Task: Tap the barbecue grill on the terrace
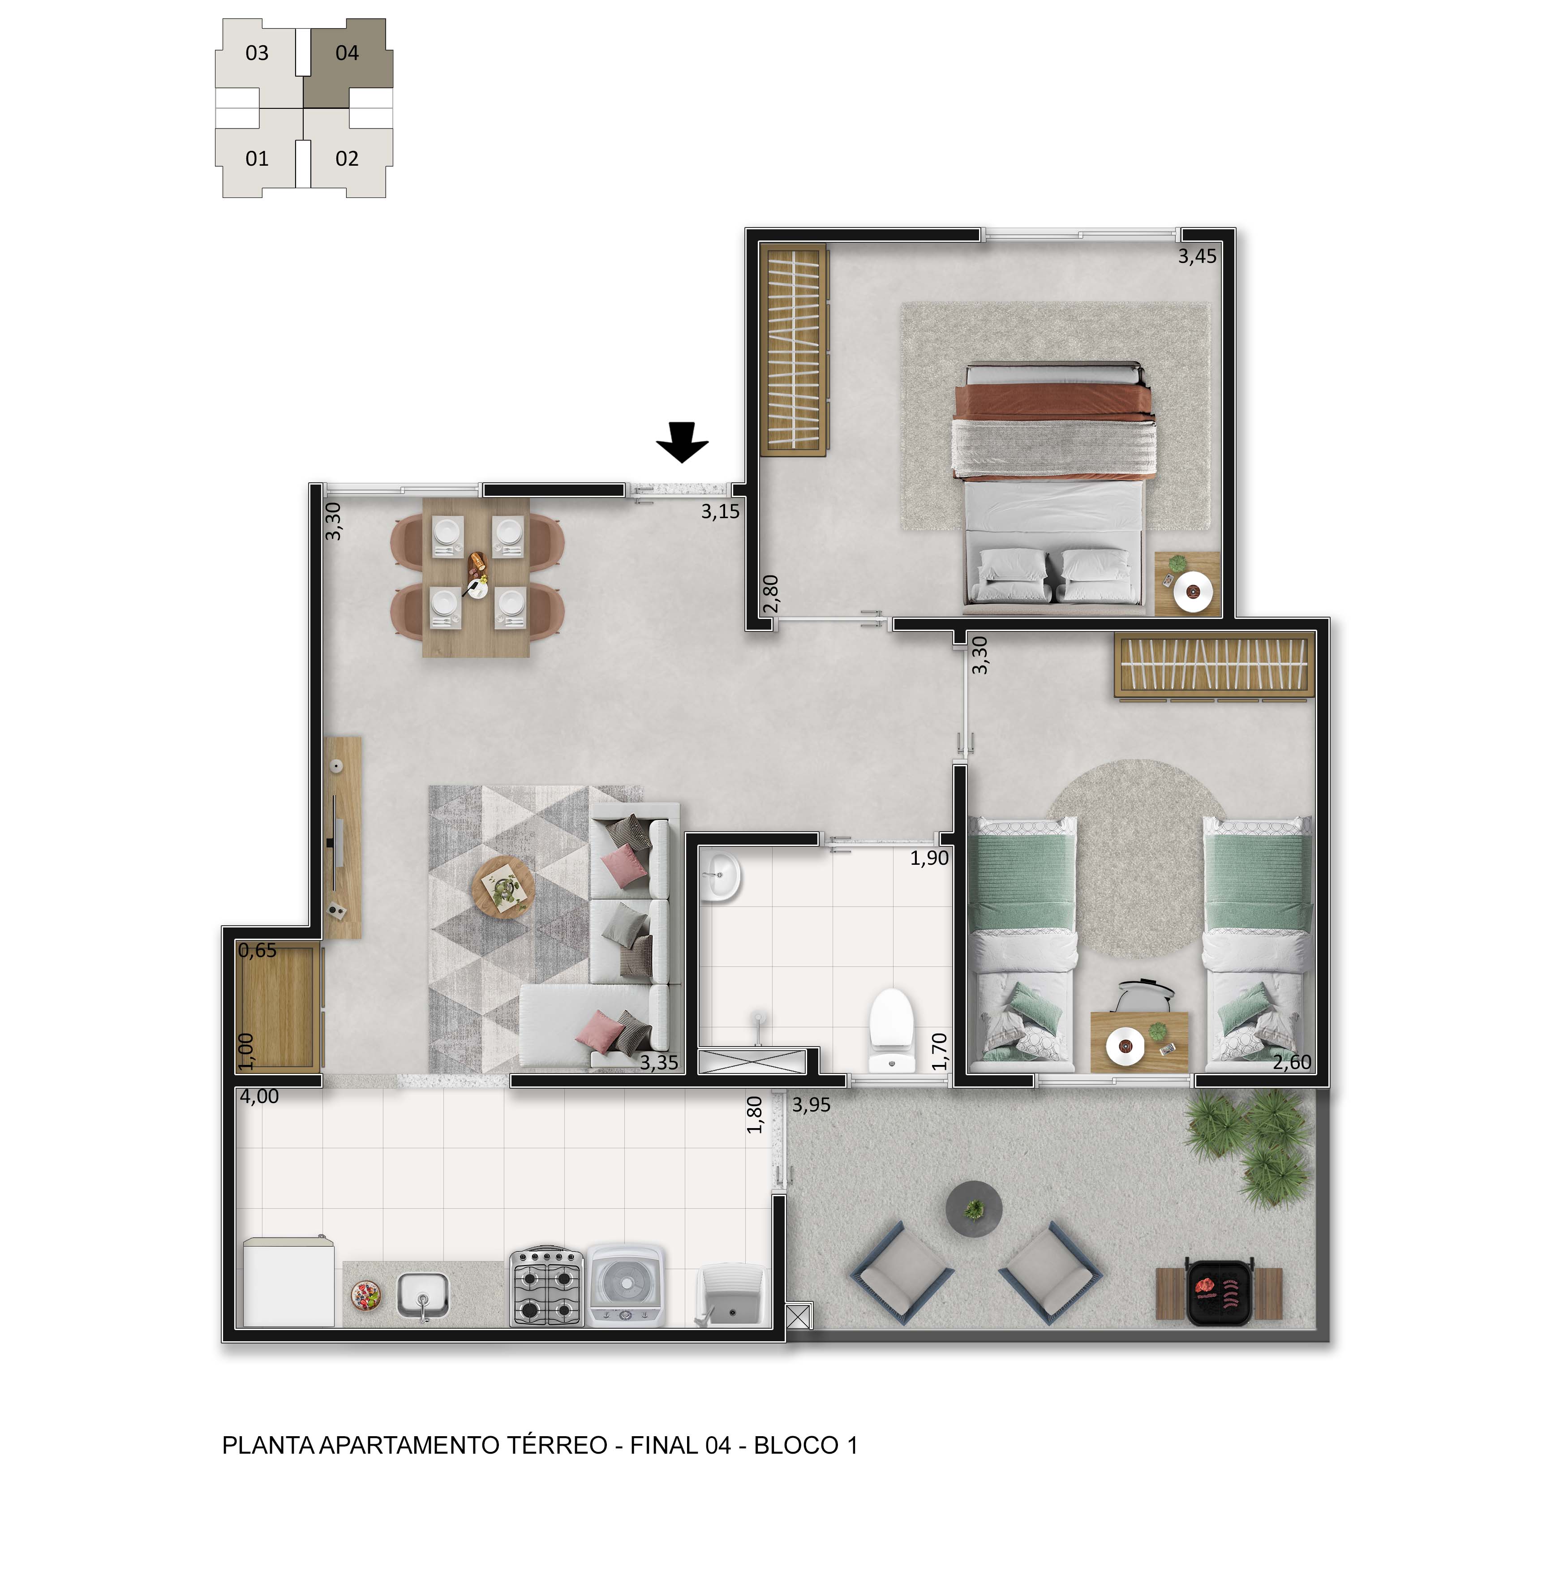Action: pyautogui.click(x=1219, y=1291)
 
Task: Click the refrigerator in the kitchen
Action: pyautogui.click(x=289, y=1282)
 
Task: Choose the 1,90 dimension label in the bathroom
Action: pyautogui.click(x=929, y=858)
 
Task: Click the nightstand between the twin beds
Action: pyautogui.click(x=1139, y=1042)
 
